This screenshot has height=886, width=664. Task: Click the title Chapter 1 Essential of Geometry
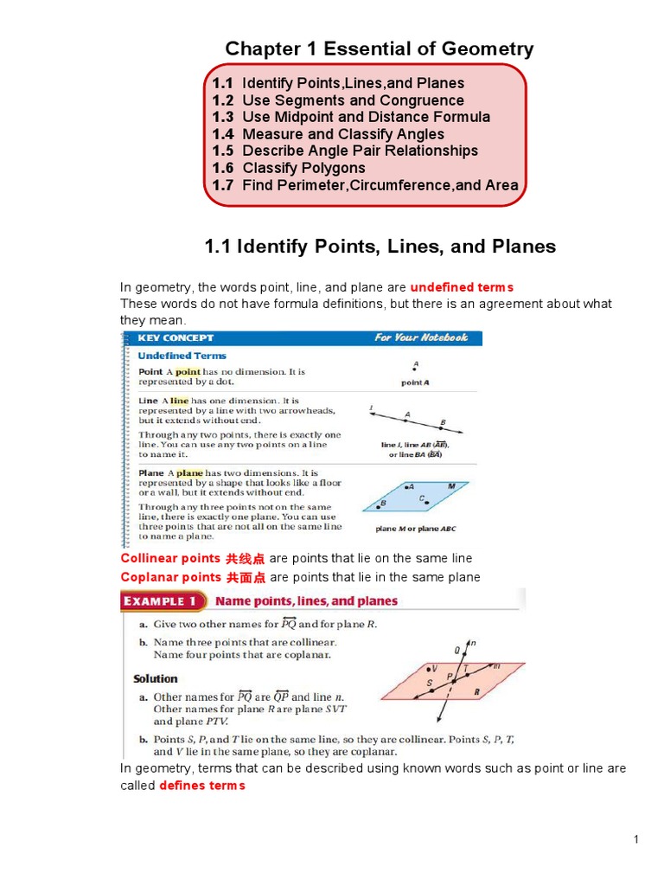[379, 49]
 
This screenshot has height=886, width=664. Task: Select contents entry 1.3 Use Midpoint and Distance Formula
[351, 117]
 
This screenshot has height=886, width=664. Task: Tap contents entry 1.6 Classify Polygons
[289, 168]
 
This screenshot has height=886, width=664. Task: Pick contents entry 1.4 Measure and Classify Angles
[329, 134]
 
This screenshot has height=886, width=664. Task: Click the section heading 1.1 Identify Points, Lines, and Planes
[380, 247]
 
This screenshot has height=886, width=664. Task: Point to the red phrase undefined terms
[462, 287]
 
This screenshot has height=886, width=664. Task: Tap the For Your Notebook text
[420, 337]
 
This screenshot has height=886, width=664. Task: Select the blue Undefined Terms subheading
[182, 356]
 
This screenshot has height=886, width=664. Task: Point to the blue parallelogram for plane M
[415, 497]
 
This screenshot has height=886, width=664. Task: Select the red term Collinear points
[170, 558]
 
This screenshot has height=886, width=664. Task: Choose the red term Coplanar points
[171, 577]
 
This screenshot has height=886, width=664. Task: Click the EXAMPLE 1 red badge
[163, 600]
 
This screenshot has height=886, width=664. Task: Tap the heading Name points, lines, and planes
[306, 600]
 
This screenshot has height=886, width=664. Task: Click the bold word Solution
[156, 679]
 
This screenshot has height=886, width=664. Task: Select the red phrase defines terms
[202, 785]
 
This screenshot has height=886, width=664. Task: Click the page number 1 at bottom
[635, 839]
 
